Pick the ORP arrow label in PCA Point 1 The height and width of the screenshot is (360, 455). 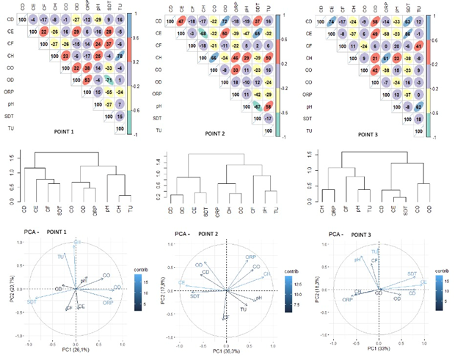[x=108, y=302]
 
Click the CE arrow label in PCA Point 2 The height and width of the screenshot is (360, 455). [x=181, y=282]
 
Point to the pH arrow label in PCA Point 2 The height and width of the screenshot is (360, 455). [x=258, y=299]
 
